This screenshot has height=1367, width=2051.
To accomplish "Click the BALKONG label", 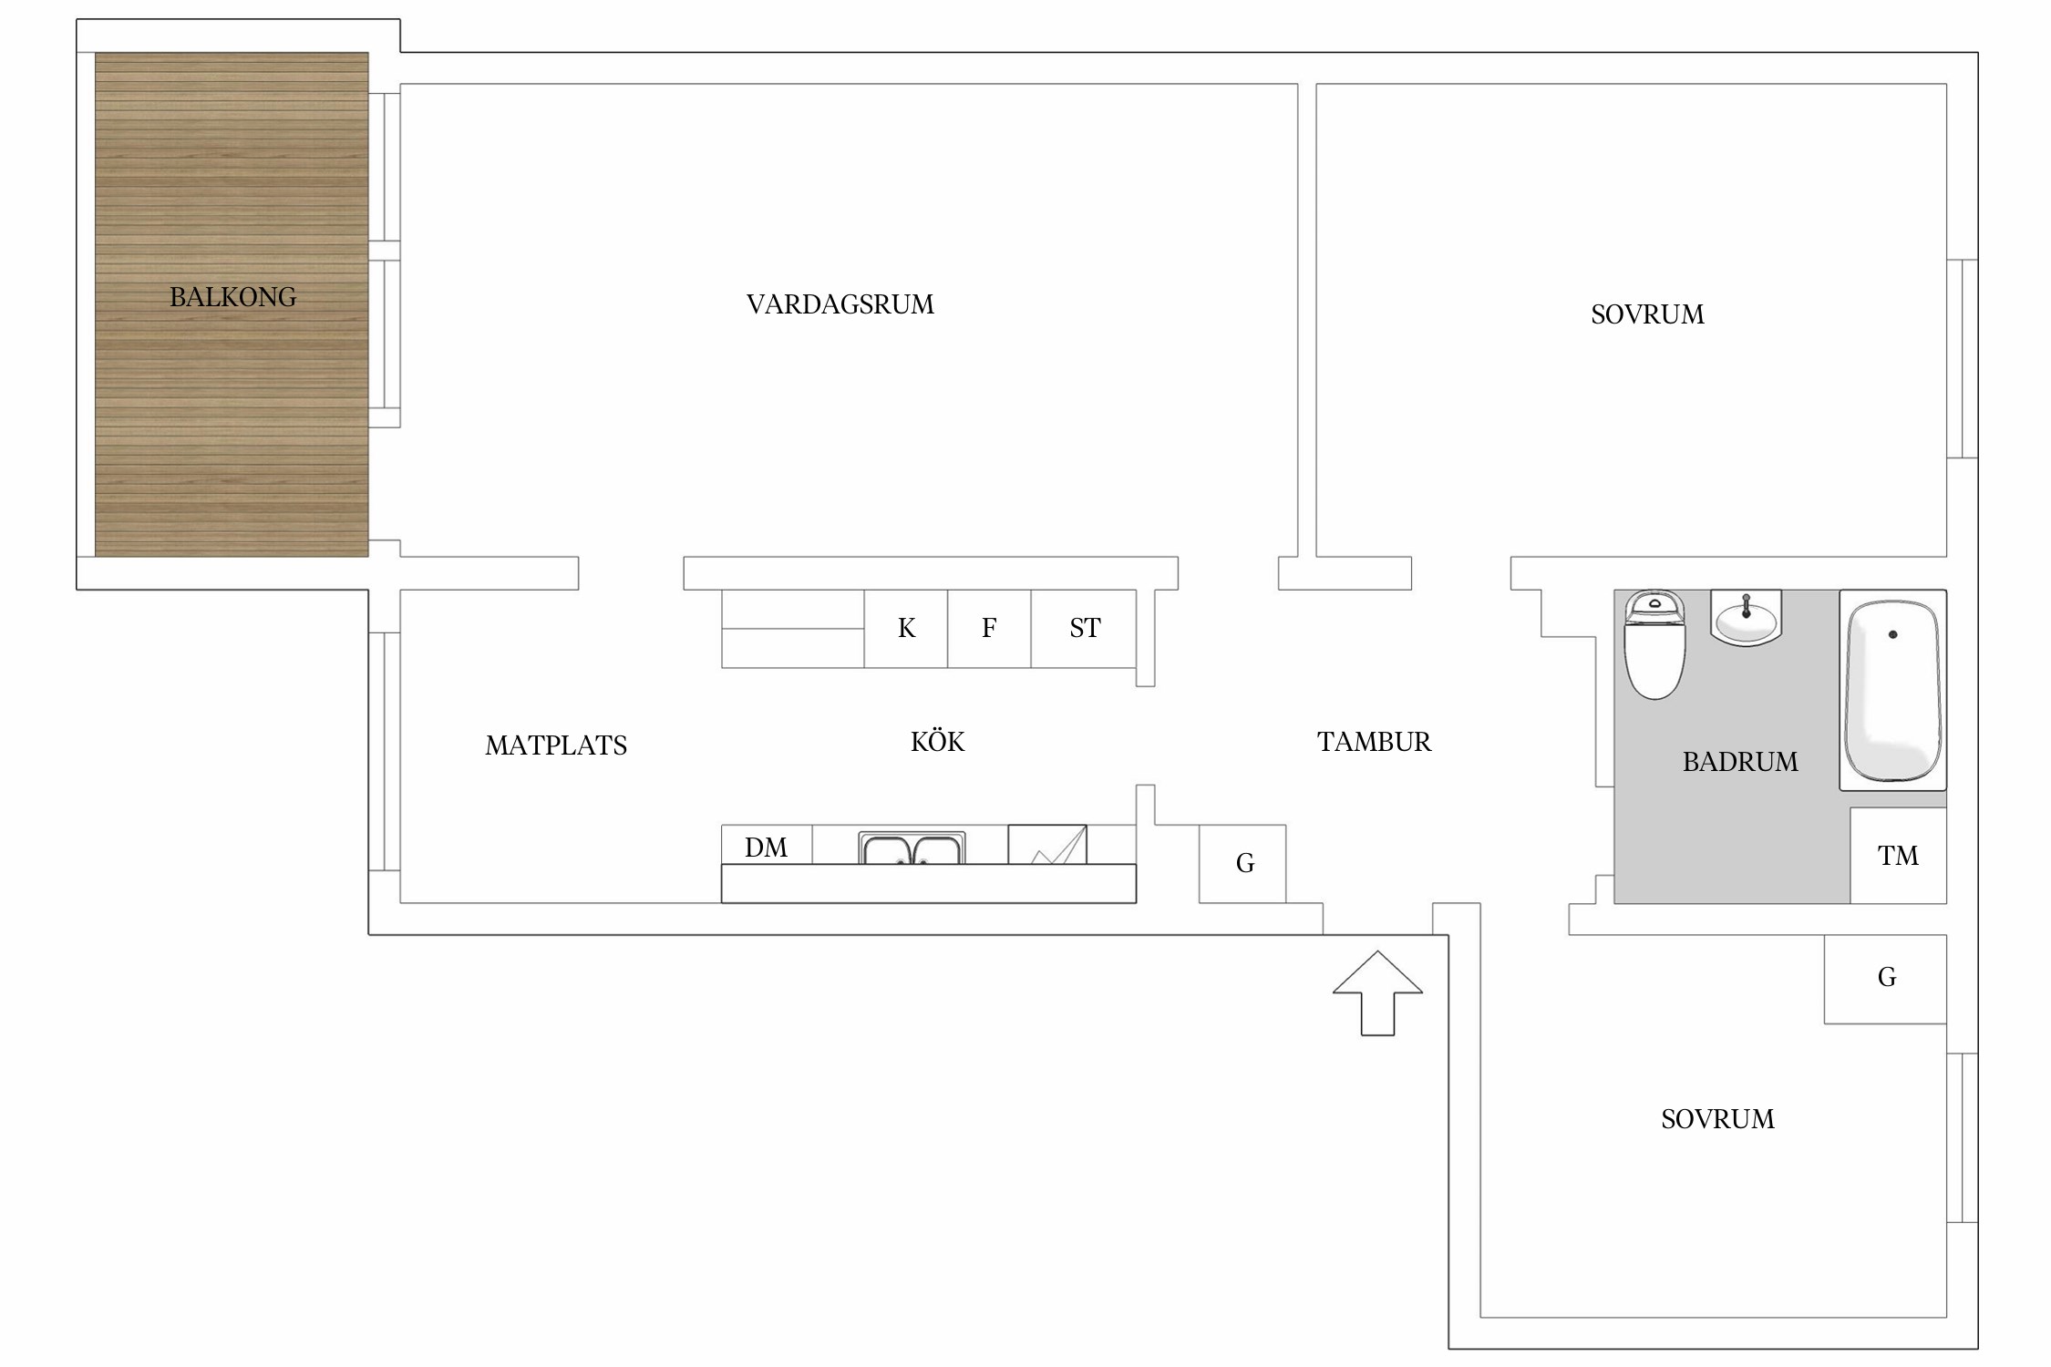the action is [x=232, y=297].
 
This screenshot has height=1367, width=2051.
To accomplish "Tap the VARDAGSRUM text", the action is [x=840, y=304].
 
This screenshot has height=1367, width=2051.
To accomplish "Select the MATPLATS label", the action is [x=556, y=745].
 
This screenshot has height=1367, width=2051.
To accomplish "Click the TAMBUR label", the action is [x=1374, y=742].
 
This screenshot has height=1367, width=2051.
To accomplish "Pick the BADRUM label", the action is [x=1740, y=762].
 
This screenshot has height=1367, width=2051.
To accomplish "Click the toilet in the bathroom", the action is [x=1654, y=644].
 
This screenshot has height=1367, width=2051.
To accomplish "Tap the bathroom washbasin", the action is [x=1746, y=618].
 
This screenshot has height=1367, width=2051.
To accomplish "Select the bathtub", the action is [x=1892, y=690].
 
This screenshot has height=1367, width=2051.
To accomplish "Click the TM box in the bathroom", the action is [x=1898, y=855].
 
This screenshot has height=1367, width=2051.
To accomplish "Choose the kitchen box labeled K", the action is [x=906, y=629].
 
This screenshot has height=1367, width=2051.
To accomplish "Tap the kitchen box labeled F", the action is [x=989, y=629].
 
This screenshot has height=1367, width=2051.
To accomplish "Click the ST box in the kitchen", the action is [x=1084, y=629].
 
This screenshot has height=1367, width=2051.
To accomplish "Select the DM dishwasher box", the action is [x=767, y=846].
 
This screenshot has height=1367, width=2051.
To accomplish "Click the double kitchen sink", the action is [x=912, y=848].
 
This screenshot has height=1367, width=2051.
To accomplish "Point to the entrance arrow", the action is [x=1377, y=993].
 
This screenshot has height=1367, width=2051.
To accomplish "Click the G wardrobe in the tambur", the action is [x=1242, y=864].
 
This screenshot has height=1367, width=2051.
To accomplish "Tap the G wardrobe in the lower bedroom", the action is [x=1885, y=979].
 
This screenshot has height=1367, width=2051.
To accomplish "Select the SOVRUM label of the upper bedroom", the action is [x=1647, y=314].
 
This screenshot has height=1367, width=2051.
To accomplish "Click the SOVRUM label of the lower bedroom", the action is [x=1717, y=1119].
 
